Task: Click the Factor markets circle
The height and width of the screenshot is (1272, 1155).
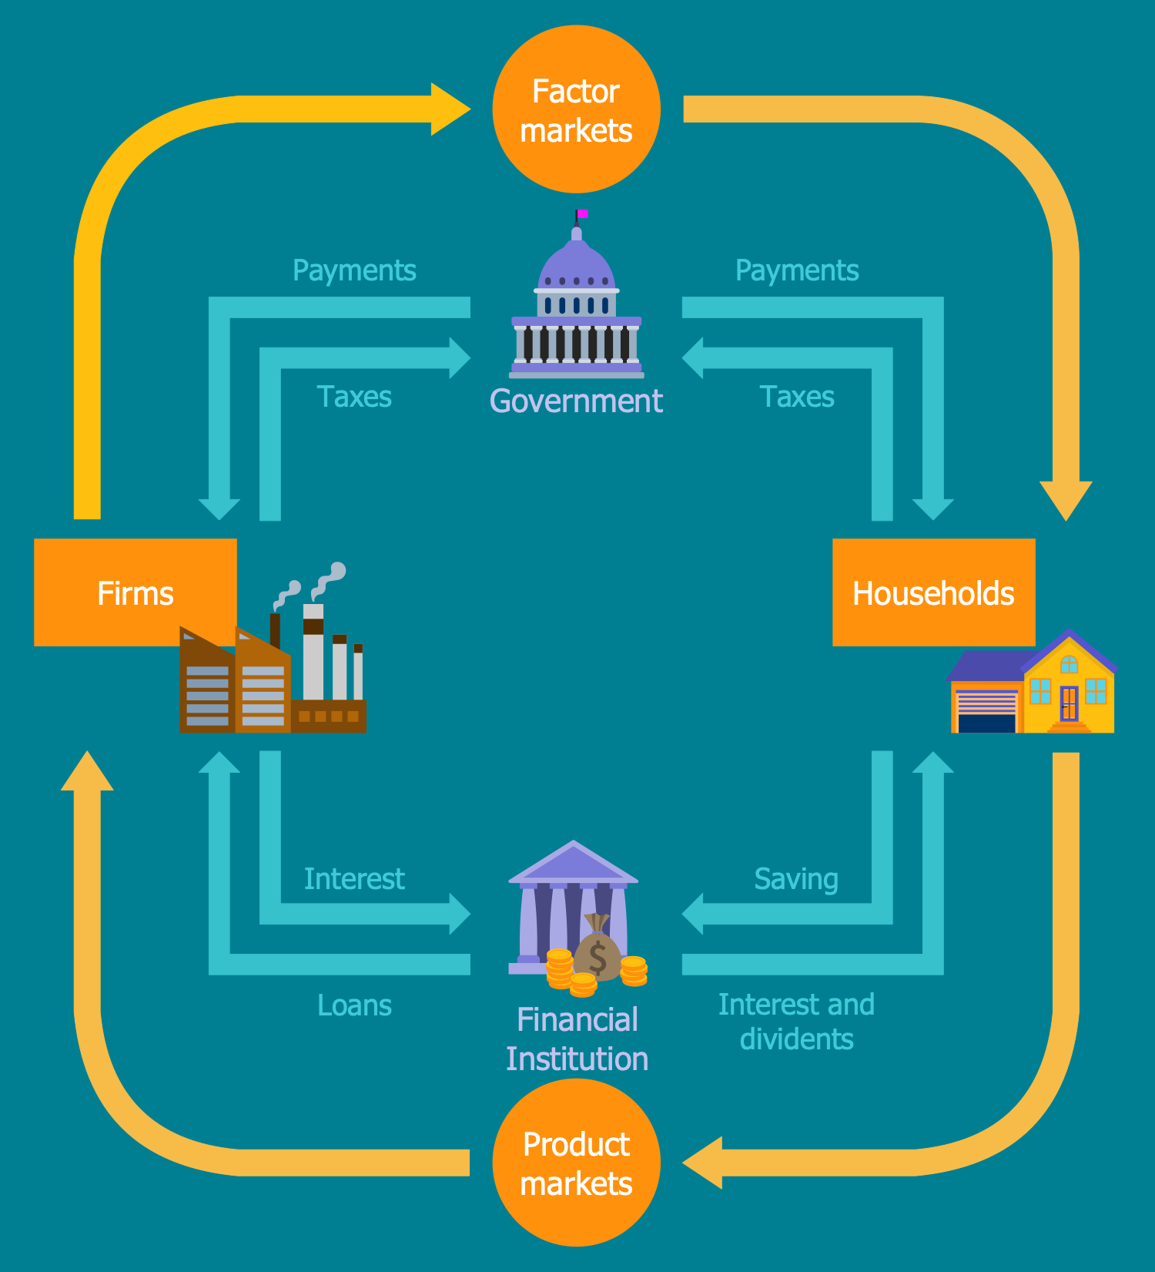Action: [x=576, y=109]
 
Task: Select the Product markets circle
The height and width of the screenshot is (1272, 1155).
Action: [x=576, y=1163]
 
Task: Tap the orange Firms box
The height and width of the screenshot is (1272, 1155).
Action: [x=136, y=592]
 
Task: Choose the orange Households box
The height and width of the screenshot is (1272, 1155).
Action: [x=934, y=592]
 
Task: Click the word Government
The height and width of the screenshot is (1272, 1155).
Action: [x=576, y=401]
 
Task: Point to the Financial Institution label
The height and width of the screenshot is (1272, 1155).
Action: [x=577, y=1039]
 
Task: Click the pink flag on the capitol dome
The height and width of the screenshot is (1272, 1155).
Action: [x=583, y=213]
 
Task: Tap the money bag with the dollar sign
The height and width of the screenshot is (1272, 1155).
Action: [x=598, y=948]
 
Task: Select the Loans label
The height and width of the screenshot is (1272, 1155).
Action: [x=354, y=1005]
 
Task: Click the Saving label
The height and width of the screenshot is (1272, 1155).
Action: [x=796, y=879]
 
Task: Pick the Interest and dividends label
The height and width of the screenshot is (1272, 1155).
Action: [x=796, y=1022]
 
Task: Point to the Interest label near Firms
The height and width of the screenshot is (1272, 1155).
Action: [x=354, y=879]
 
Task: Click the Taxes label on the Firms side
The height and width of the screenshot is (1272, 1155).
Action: [x=354, y=397]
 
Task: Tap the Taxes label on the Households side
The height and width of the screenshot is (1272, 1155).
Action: [x=797, y=397]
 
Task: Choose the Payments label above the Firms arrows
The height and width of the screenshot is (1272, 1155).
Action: [x=354, y=271]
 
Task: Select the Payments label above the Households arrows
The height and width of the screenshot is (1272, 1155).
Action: [x=797, y=271]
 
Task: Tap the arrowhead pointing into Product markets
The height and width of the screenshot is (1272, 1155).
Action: [x=702, y=1163]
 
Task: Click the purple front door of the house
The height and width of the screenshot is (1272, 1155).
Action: [x=1069, y=702]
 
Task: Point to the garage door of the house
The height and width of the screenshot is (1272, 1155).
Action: [x=986, y=713]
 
